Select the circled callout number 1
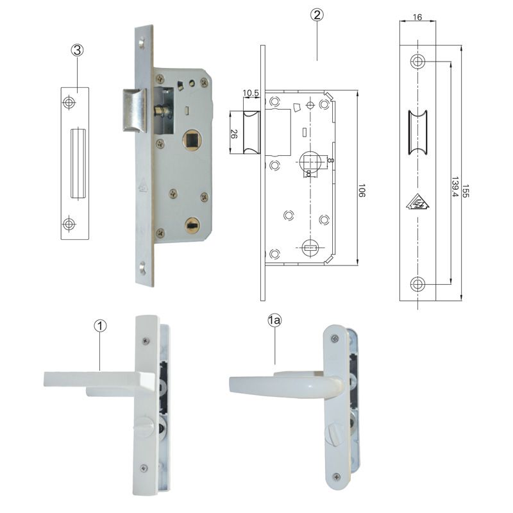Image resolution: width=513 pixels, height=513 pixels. (x=100, y=326)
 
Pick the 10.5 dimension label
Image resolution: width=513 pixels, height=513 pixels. (x=251, y=94)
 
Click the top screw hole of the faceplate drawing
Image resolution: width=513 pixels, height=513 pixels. (x=418, y=62)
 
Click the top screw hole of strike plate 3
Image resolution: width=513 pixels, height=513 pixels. (x=69, y=103)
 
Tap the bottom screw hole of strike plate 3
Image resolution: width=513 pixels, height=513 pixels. (x=69, y=223)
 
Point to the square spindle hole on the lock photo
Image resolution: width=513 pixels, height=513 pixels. (x=191, y=138)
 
